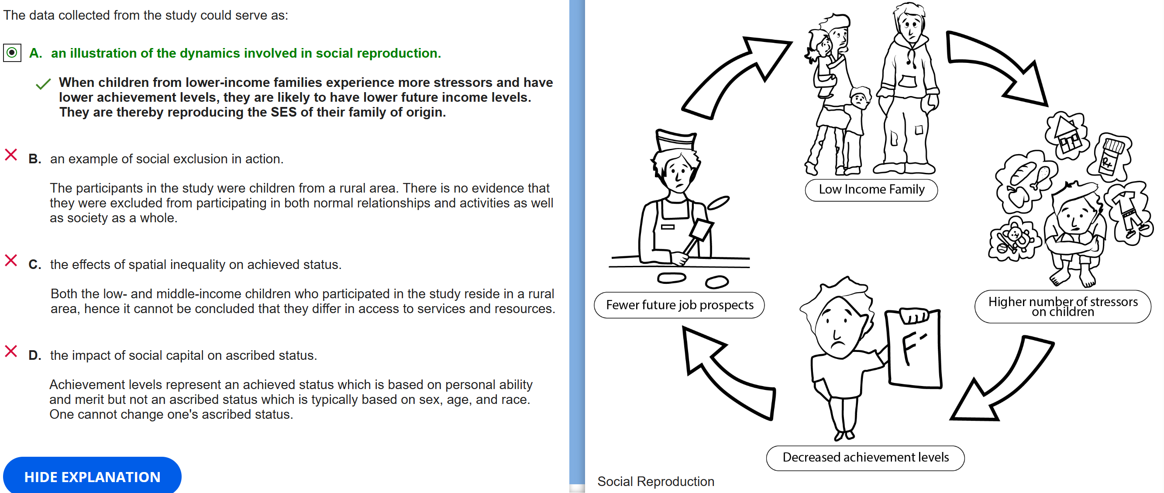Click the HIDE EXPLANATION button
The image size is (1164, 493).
coord(92,476)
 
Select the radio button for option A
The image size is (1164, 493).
coord(12,53)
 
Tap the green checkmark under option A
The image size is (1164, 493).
coord(43,84)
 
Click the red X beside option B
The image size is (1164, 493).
coord(11,155)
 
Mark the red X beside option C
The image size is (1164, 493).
coord(11,260)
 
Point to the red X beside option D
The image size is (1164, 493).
coord(11,351)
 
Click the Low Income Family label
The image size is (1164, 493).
coord(871,190)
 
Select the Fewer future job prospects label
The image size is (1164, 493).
coord(679,305)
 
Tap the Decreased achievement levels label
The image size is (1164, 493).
coord(865,457)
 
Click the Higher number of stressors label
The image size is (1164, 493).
coord(1062,307)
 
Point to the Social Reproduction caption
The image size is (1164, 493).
coord(655,481)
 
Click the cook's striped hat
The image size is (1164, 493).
coord(676,140)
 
